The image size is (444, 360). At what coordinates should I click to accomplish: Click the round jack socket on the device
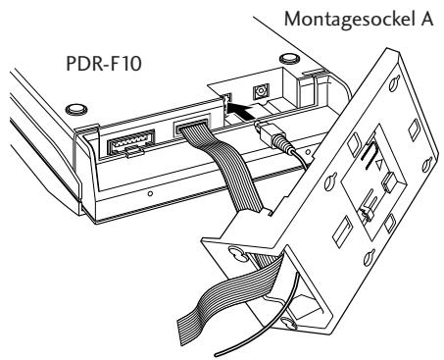tap(262, 91)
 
